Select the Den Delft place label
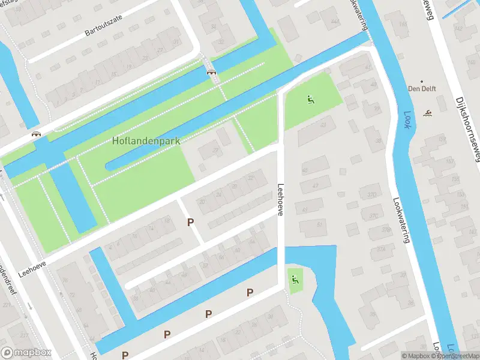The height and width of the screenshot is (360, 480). [x=422, y=89]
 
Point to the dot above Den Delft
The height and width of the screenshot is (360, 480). [x=422, y=81]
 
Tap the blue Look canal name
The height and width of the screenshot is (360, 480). [x=409, y=114]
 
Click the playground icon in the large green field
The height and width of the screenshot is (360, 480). [x=310, y=100]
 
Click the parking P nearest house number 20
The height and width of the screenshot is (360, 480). [x=190, y=223]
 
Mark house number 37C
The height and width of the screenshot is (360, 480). [x=374, y=215]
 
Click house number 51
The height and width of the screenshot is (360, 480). [x=319, y=225]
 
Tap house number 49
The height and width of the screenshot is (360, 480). [x=305, y=210]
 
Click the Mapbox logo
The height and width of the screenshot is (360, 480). [x=26, y=353]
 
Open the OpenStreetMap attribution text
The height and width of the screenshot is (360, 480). [x=458, y=356]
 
